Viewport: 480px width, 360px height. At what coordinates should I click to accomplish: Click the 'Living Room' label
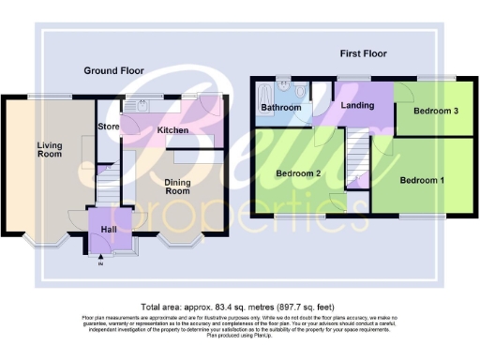(50, 149)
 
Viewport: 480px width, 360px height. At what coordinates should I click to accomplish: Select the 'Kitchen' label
(172, 130)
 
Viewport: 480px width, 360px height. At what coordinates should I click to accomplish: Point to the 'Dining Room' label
(178, 187)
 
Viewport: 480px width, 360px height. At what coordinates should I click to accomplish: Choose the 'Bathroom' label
(281, 109)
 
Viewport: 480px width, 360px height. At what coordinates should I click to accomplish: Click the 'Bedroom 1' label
(422, 180)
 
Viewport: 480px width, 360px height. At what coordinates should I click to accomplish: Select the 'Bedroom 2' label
(298, 173)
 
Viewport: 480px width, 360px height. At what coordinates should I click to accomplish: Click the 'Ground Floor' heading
(113, 71)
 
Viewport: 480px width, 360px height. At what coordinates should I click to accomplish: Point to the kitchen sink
(144, 104)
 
